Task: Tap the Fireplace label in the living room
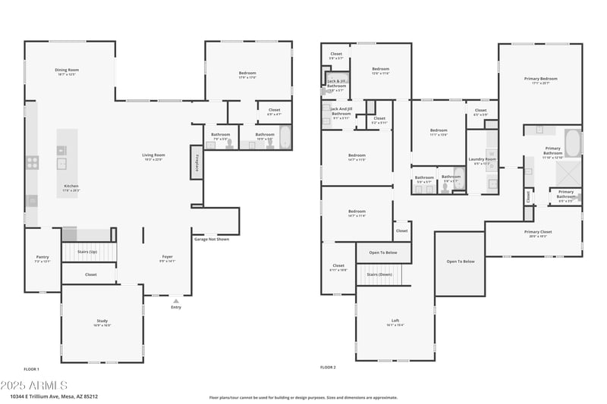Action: click(x=197, y=164)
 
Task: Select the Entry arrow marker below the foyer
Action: click(x=176, y=301)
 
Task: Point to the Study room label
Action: click(x=102, y=322)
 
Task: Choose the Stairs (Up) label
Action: click(x=89, y=252)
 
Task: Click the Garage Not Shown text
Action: click(x=212, y=239)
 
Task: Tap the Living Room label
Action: click(x=153, y=156)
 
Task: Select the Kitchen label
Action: click(x=71, y=187)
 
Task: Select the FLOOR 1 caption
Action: click(x=31, y=368)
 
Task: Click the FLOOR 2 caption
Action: click(x=328, y=368)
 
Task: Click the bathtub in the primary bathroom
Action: click(x=572, y=142)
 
